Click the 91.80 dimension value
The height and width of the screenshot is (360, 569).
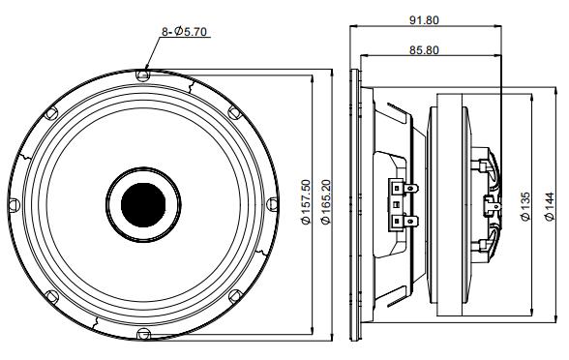pyautogui.click(x=424, y=20)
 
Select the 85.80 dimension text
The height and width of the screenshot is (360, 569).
pyautogui.click(x=424, y=49)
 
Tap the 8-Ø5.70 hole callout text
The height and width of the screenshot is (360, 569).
pyautogui.click(x=184, y=32)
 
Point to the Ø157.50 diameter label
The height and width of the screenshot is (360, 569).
pyautogui.click(x=307, y=202)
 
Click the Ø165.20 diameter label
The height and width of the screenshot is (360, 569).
pyautogui.click(x=326, y=202)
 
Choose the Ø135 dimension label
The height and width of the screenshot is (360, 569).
pyautogui.click(x=525, y=206)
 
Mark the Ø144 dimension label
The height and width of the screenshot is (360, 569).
pyautogui.click(x=550, y=206)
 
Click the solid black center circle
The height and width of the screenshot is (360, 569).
pyautogui.click(x=143, y=205)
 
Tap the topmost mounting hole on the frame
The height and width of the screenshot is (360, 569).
pyautogui.click(x=142, y=75)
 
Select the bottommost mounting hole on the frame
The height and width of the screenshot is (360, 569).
pyautogui.click(x=143, y=334)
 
